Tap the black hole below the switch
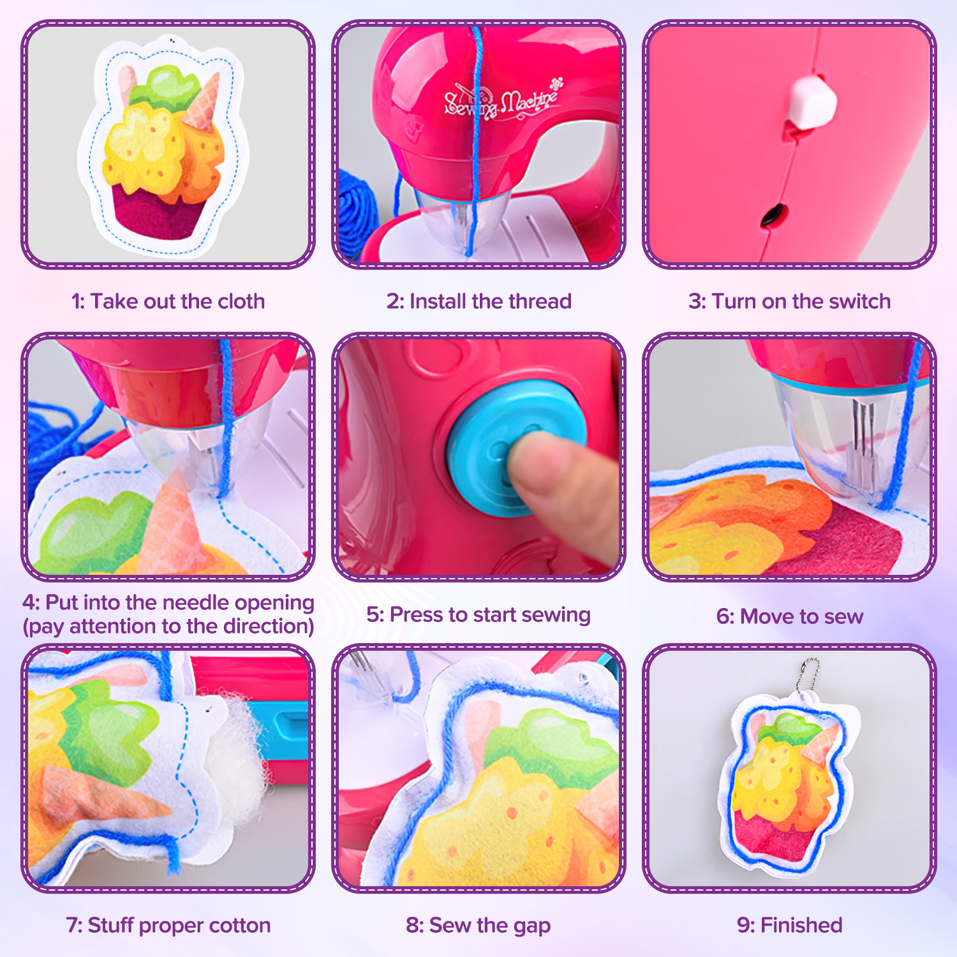(773, 216)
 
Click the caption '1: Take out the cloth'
(168, 301)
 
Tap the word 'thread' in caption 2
(539, 301)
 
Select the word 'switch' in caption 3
(857, 301)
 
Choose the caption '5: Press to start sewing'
(478, 615)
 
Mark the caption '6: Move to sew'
(790, 616)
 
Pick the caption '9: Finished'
(790, 925)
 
